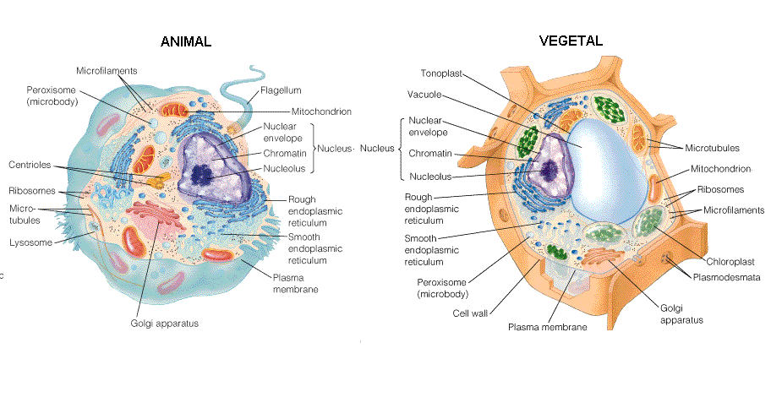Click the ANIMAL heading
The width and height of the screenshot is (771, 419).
186,41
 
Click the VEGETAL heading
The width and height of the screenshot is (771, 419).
571,41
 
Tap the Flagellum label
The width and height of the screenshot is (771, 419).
281,90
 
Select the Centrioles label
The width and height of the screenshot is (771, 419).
30,165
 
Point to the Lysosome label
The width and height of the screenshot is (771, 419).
30,242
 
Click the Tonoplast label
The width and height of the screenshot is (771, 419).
441,73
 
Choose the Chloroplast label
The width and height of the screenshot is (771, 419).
730,261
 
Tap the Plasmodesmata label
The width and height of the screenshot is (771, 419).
726,277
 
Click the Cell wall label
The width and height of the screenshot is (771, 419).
470,313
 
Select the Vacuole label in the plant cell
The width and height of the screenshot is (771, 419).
424,95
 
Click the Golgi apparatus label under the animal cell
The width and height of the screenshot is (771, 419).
164,324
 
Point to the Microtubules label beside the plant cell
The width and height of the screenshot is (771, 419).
712,148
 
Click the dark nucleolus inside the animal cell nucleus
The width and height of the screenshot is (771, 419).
201,174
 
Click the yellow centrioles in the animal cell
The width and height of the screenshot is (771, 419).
158,180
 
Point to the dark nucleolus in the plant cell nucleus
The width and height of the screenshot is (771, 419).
550,170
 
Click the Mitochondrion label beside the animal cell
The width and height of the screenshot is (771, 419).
321,112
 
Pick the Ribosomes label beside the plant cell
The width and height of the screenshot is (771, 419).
720,189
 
